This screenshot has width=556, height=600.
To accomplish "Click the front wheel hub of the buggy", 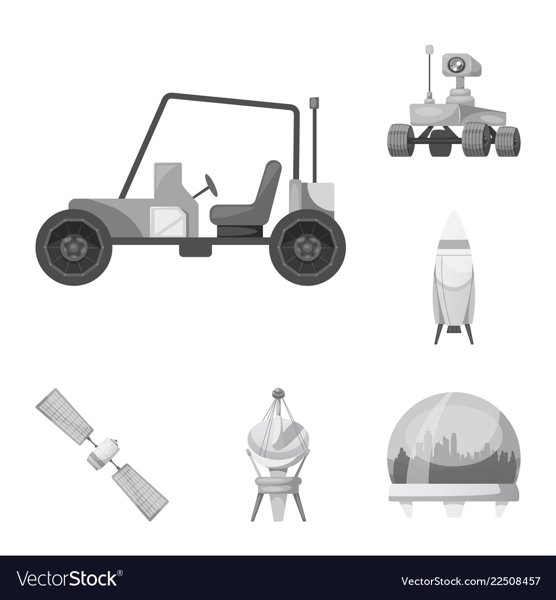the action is [x=73, y=248].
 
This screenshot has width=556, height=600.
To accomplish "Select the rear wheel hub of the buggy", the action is [x=307, y=248].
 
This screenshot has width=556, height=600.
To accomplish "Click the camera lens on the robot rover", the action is [x=455, y=65].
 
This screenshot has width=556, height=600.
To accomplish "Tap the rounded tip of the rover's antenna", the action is [x=429, y=50].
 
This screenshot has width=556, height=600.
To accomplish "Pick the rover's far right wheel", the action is [x=508, y=141].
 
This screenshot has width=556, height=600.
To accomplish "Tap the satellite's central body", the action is [x=103, y=454].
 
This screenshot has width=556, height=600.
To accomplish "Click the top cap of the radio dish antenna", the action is [x=278, y=393].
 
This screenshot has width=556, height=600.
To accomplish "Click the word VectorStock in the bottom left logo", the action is [x=67, y=578].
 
